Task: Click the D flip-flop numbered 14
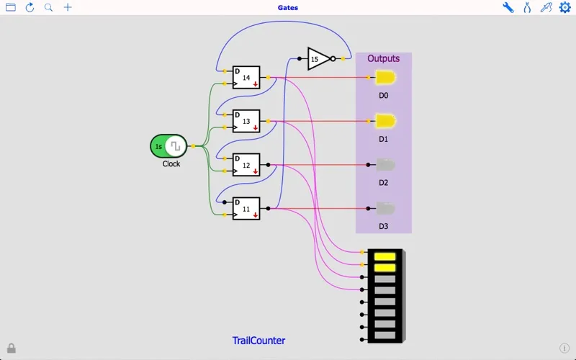coord(246,78)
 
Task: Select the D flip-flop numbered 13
coord(246,122)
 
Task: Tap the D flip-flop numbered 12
coord(246,166)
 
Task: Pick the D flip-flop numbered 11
coord(246,209)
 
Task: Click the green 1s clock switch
coord(168,146)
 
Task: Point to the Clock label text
coord(171,164)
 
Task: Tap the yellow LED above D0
coord(385,78)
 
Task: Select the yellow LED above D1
coord(385,121)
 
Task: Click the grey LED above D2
coord(385,165)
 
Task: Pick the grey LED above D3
coord(385,209)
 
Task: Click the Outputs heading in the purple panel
coord(383,59)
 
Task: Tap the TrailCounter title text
coord(258,341)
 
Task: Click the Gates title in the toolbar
coord(288,8)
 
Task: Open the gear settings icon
coord(565,8)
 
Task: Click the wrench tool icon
coord(508,8)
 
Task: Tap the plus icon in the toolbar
coord(68,8)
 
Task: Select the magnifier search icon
coord(48,8)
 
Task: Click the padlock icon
coord(12,348)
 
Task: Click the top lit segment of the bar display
coord(385,256)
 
